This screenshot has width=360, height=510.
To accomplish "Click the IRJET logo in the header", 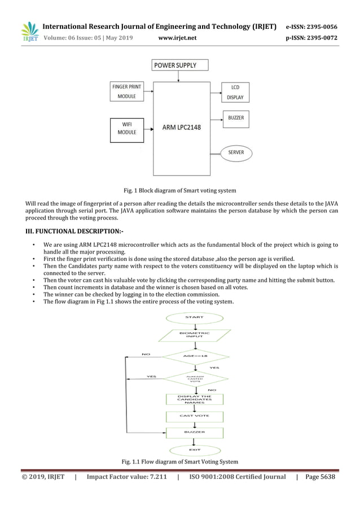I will (29, 32).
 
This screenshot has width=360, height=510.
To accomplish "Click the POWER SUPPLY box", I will (175, 66).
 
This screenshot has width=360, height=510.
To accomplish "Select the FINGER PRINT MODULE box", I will (126, 91).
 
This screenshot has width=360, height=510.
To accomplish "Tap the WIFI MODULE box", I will (126, 128).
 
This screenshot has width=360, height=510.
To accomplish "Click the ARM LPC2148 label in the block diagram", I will (181, 127).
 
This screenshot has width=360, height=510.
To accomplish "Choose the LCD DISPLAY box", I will (235, 93).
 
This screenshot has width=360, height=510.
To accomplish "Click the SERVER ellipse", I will (236, 152).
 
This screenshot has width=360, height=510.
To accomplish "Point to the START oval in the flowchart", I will (194, 317).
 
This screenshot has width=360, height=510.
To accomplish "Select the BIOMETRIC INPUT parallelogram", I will (194, 334).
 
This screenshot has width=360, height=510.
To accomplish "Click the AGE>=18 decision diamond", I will (195, 356).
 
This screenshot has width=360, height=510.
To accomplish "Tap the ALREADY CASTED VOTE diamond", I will (195, 378).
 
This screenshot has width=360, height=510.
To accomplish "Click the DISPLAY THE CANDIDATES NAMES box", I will (195, 399).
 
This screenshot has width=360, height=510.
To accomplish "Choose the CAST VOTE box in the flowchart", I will (195, 416).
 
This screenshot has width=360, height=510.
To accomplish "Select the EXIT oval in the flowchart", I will (195, 450).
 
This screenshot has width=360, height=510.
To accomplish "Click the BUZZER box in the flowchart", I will (195, 432).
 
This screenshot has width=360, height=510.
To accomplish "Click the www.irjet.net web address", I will (178, 38).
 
